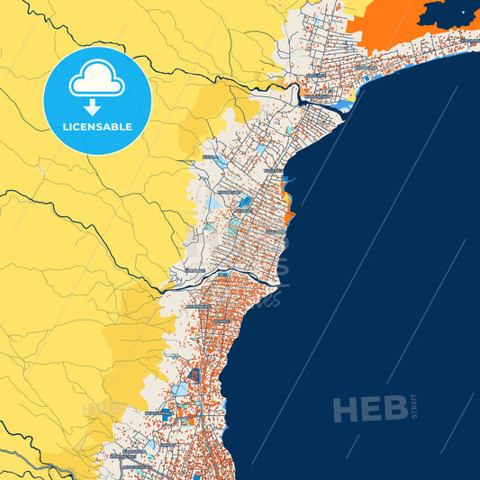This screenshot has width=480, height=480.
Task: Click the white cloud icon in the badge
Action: click(96, 81)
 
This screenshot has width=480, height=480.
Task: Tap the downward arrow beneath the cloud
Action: click(96, 106)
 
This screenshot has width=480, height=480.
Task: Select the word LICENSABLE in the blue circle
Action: click(96, 127)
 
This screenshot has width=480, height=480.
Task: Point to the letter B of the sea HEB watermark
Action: click(394, 410)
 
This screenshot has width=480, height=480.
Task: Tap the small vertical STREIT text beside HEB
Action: click(414, 406)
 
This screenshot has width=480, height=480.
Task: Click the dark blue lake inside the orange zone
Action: click(447, 13)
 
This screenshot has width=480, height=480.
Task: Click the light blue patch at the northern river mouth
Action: click(342, 106)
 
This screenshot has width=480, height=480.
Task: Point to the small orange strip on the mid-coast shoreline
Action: click(289, 217)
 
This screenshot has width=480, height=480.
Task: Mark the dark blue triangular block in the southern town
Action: click(193, 374)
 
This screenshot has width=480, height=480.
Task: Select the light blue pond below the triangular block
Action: click(181, 390)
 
